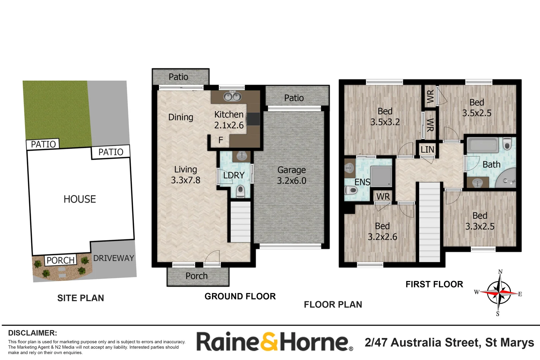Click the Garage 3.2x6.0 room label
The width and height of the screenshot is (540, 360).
click(291, 175)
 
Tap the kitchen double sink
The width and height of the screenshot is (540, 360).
click(232, 97)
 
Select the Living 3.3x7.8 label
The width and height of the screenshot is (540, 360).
click(186, 175)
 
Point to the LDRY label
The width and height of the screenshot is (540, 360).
click(234, 175)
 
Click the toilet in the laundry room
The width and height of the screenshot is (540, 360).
click(240, 191)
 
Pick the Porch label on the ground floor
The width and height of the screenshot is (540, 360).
click(197, 276)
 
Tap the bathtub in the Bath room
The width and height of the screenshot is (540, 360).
click(482, 145)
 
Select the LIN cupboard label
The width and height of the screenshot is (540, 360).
click(427, 150)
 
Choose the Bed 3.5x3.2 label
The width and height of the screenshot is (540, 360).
click(385, 117)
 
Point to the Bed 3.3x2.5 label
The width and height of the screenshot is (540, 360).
click(480, 221)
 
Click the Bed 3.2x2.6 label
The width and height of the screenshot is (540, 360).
click(382, 231)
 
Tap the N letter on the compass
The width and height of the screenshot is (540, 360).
click(500, 272)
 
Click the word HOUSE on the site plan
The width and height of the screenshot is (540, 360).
click(80, 199)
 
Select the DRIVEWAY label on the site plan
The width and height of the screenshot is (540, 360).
click(113, 258)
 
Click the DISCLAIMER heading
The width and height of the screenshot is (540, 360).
click(32, 333)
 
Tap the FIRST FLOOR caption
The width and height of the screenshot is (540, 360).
click(434, 284)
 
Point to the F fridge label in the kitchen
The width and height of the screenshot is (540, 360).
click(221, 140)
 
